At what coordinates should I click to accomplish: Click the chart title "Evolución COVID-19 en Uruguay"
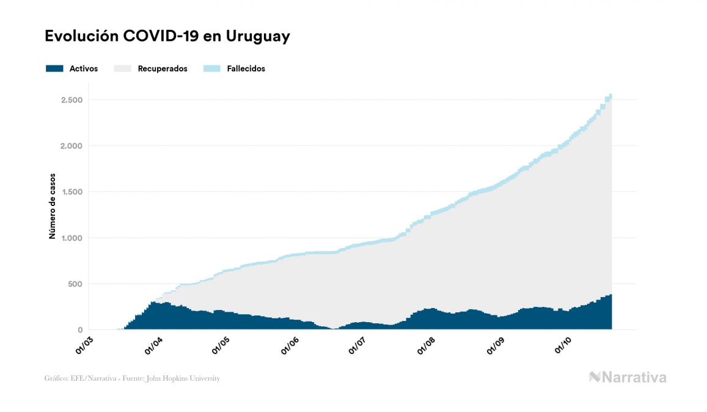(167, 37)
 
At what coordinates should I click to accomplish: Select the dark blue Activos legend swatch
(55, 68)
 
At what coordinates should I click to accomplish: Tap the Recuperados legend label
(163, 68)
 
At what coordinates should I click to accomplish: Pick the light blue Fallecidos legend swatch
(211, 68)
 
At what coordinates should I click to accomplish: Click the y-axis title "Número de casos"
(53, 206)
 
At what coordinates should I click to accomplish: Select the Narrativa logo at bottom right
(628, 377)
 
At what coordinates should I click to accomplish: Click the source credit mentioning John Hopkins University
(132, 378)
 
